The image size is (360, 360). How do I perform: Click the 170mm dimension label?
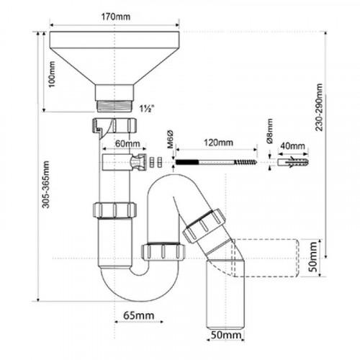[x=115, y=17]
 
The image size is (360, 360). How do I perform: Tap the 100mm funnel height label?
[x=52, y=74]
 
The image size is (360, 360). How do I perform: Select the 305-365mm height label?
[x=45, y=184]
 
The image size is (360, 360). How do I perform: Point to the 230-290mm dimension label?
[x=319, y=107]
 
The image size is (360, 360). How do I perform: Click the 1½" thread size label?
[x=147, y=109]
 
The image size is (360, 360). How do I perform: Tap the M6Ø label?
[x=170, y=140]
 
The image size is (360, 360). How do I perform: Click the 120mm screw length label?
[x=218, y=143]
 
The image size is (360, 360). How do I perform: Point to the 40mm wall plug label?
[x=293, y=145]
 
